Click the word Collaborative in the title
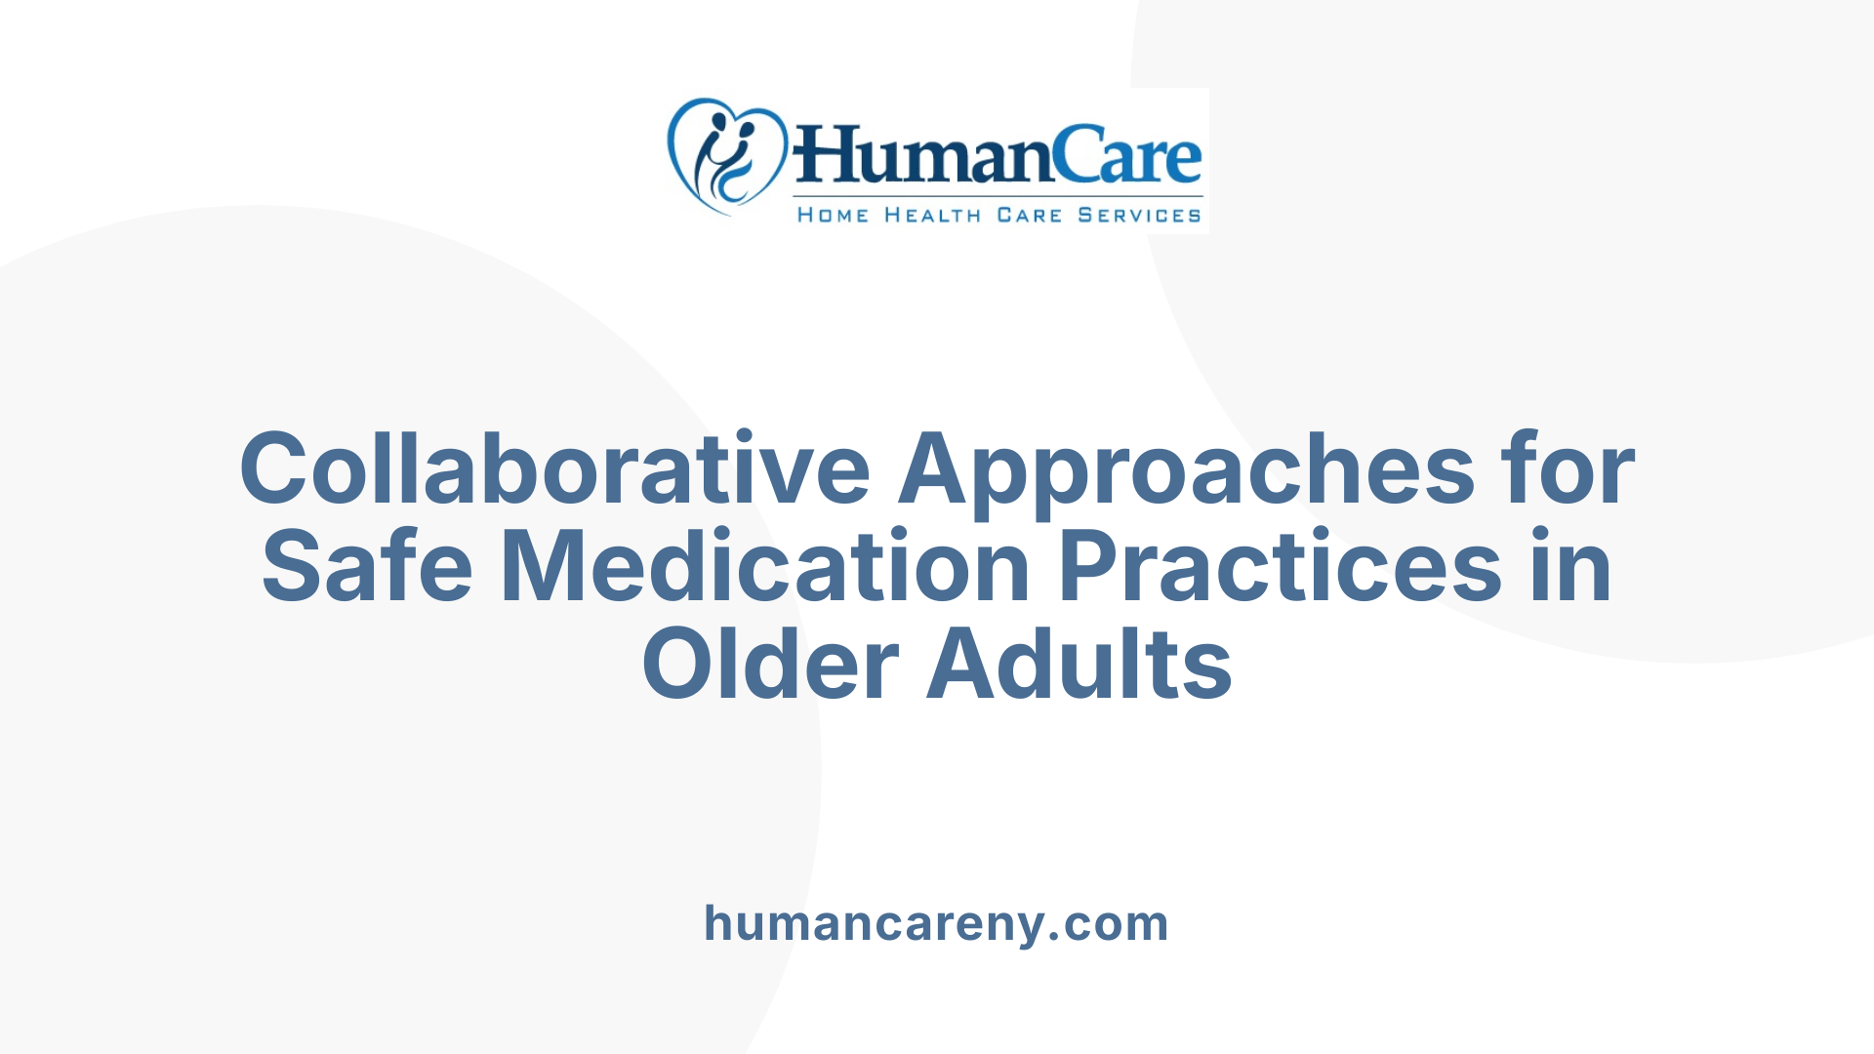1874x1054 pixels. click(554, 470)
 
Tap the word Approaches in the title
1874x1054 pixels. click(1186, 470)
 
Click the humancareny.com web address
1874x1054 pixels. click(936, 923)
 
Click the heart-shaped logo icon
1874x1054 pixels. click(726, 156)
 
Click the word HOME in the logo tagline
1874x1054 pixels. click(833, 215)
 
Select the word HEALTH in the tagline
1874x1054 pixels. click(932, 215)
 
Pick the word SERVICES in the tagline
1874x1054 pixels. click(1139, 215)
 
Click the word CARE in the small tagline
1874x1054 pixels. click(1029, 215)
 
